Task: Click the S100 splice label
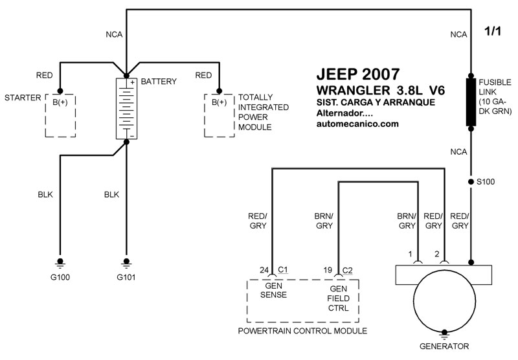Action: (x=486, y=182)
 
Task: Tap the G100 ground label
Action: (x=60, y=278)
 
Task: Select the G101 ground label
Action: (x=127, y=278)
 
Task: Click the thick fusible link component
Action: (x=471, y=102)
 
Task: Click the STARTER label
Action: (x=19, y=98)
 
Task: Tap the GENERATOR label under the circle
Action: (x=444, y=346)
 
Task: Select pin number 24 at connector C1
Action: (x=264, y=269)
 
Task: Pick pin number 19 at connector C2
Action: (x=328, y=269)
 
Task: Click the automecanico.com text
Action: (x=357, y=124)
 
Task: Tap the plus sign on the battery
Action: (x=131, y=82)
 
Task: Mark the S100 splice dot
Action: (x=471, y=182)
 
